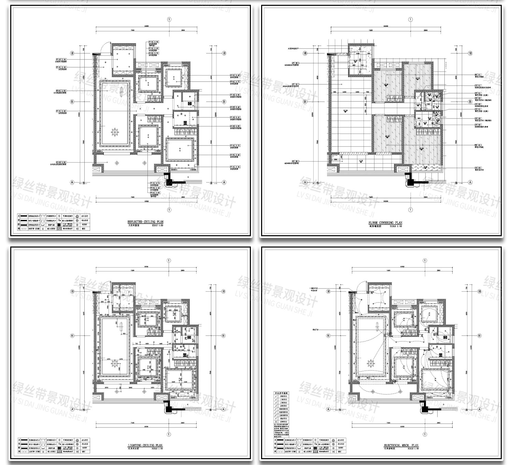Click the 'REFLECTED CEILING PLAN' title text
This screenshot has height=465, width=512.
[145, 222]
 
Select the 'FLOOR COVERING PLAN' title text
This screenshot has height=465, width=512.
[386, 223]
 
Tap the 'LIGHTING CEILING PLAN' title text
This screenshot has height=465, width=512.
[145, 446]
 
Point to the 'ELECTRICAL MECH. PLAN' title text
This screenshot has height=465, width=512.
[401, 446]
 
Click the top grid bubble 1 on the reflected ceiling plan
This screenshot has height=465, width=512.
[169, 19]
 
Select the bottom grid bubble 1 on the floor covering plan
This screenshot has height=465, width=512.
[410, 210]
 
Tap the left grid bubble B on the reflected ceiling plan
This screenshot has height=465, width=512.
[72, 101]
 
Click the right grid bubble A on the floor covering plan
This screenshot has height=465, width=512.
[470, 182]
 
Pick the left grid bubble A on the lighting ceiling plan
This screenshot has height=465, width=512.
[72, 409]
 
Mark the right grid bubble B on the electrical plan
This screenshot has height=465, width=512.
[479, 336]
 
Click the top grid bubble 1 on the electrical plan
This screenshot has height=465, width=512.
[425, 260]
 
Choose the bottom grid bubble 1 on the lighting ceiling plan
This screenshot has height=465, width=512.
[169, 434]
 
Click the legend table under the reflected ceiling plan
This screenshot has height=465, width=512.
[53, 222]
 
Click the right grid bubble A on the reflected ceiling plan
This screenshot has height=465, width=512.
[224, 182]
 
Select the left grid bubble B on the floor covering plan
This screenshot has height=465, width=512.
[305, 101]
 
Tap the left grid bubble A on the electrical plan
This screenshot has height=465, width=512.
[328, 409]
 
